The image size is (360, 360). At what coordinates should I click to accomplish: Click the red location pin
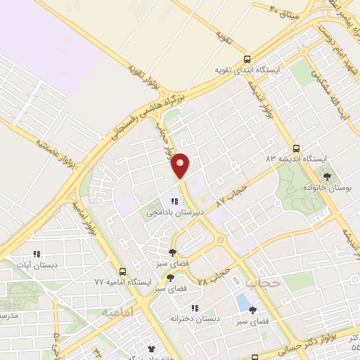[x=181, y=165]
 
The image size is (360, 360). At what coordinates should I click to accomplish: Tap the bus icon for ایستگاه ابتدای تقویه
[x=245, y=59]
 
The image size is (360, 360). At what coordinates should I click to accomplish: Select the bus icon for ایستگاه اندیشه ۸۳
[x=296, y=148]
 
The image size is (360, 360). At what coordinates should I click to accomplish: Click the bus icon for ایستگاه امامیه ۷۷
[x=123, y=271]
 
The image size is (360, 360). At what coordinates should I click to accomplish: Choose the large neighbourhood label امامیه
[x=115, y=311]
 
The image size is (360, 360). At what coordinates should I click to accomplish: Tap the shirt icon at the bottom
[x=150, y=348]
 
